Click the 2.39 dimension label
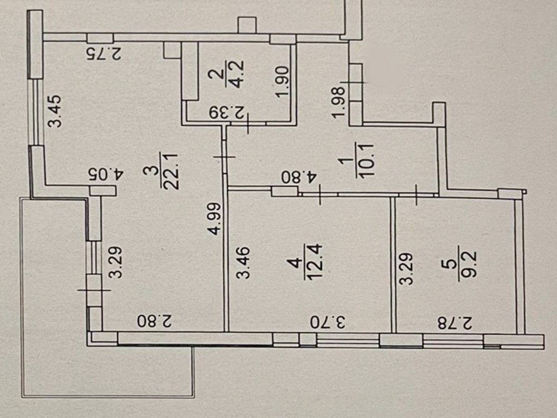tap(228, 113)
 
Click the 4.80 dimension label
tap(301, 178)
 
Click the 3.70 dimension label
tap(329, 322)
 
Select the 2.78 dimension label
tap(453, 322)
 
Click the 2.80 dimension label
tap(154, 322)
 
